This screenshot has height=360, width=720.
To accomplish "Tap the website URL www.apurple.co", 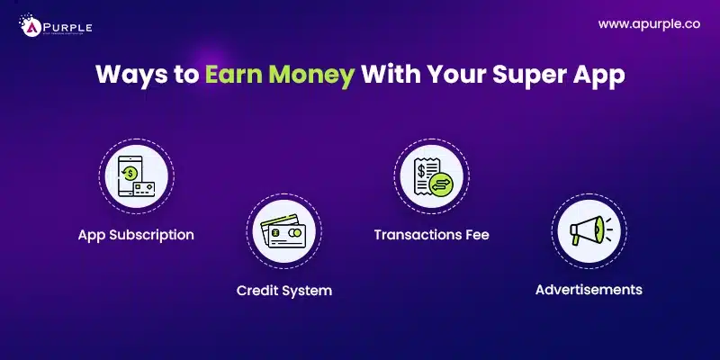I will pos(648,25).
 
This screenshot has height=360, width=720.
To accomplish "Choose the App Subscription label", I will pos(136,235).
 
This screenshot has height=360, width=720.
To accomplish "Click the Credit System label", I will pos(283,291).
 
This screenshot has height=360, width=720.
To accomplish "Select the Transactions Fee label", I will pos(431,235).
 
